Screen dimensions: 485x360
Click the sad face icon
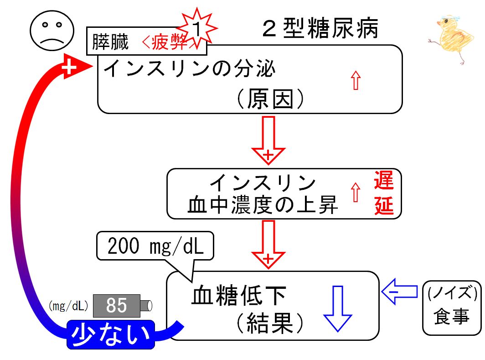click(x=52, y=30)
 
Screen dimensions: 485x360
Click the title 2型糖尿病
click(x=320, y=28)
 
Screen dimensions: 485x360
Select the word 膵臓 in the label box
click(x=110, y=42)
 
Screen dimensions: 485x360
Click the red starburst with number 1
click(x=197, y=28)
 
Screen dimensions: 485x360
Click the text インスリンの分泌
click(x=189, y=68)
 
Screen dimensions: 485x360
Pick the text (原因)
click(x=270, y=99)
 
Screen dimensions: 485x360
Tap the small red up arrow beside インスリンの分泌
click(x=356, y=80)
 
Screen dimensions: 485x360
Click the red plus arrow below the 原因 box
click(x=268, y=140)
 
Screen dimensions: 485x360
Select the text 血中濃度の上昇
click(x=262, y=204)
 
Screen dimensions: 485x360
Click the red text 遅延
click(x=384, y=193)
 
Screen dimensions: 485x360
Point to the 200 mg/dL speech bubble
click(x=155, y=246)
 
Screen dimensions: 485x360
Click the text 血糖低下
click(x=238, y=295)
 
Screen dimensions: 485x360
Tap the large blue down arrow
click(x=337, y=309)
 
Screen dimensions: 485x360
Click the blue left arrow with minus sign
click(x=399, y=291)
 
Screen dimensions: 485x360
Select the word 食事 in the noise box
click(x=451, y=317)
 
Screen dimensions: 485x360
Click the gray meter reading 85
click(x=117, y=306)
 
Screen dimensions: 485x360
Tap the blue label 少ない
click(x=111, y=334)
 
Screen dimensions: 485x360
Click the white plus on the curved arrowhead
click(x=69, y=67)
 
